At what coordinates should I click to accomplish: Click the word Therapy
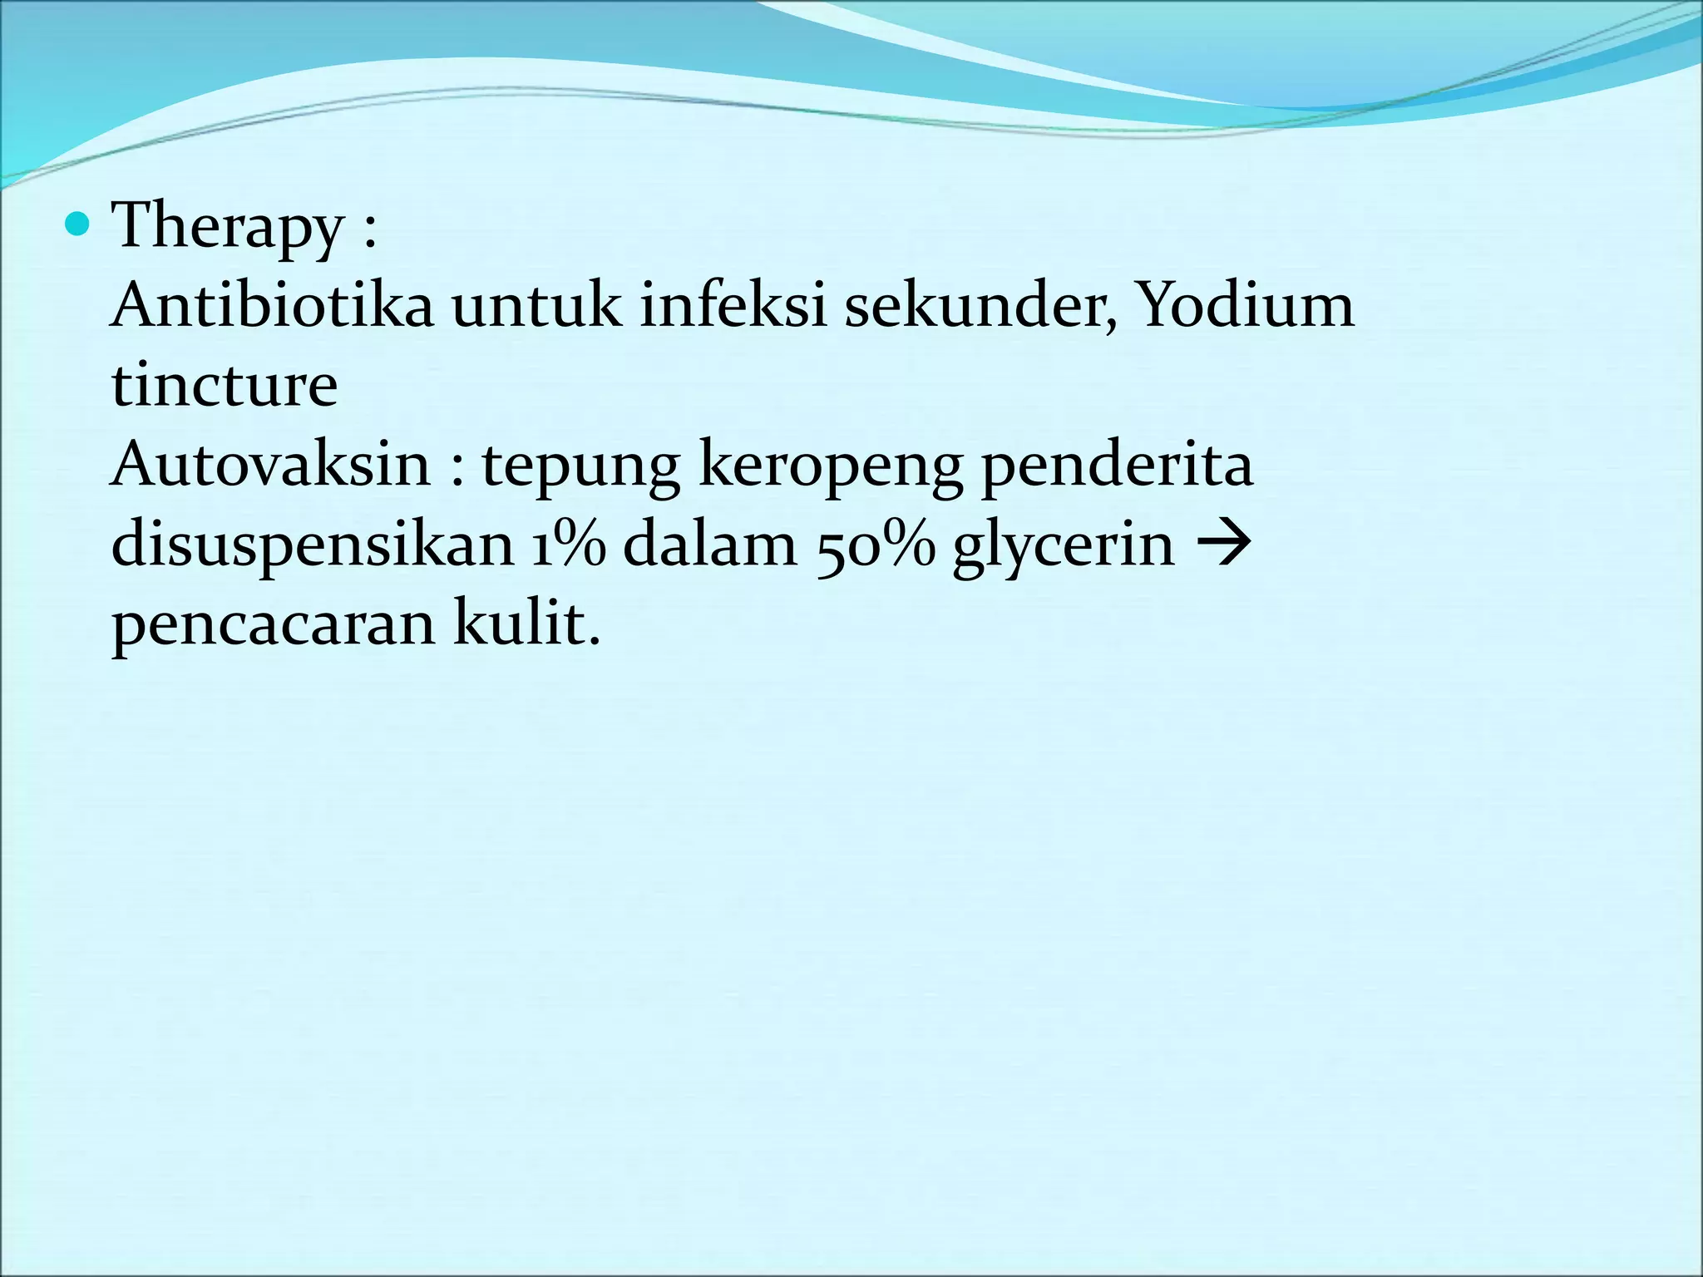pyautogui.click(x=228, y=228)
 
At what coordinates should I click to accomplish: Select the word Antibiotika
pyautogui.click(x=272, y=305)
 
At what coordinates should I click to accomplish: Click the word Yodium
pyautogui.click(x=1244, y=305)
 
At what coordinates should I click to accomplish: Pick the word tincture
pyautogui.click(x=225, y=385)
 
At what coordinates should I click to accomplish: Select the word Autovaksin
pyautogui.click(x=271, y=465)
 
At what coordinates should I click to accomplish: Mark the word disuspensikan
pyautogui.click(x=313, y=546)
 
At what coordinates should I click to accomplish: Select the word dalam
pyautogui.click(x=710, y=545)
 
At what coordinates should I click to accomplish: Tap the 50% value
pyautogui.click(x=876, y=546)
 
